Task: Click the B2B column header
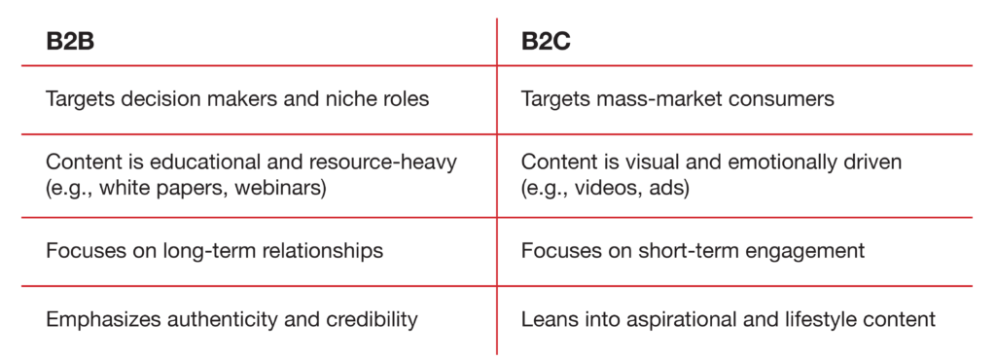(x=69, y=43)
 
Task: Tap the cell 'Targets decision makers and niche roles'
(x=237, y=99)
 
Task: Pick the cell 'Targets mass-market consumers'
(x=677, y=99)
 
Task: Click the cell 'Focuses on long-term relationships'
(x=214, y=251)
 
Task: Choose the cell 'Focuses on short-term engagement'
(x=693, y=251)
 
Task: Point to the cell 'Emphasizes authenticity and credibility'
(x=231, y=318)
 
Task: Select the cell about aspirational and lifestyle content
(x=728, y=318)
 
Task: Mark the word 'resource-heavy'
(x=390, y=162)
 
